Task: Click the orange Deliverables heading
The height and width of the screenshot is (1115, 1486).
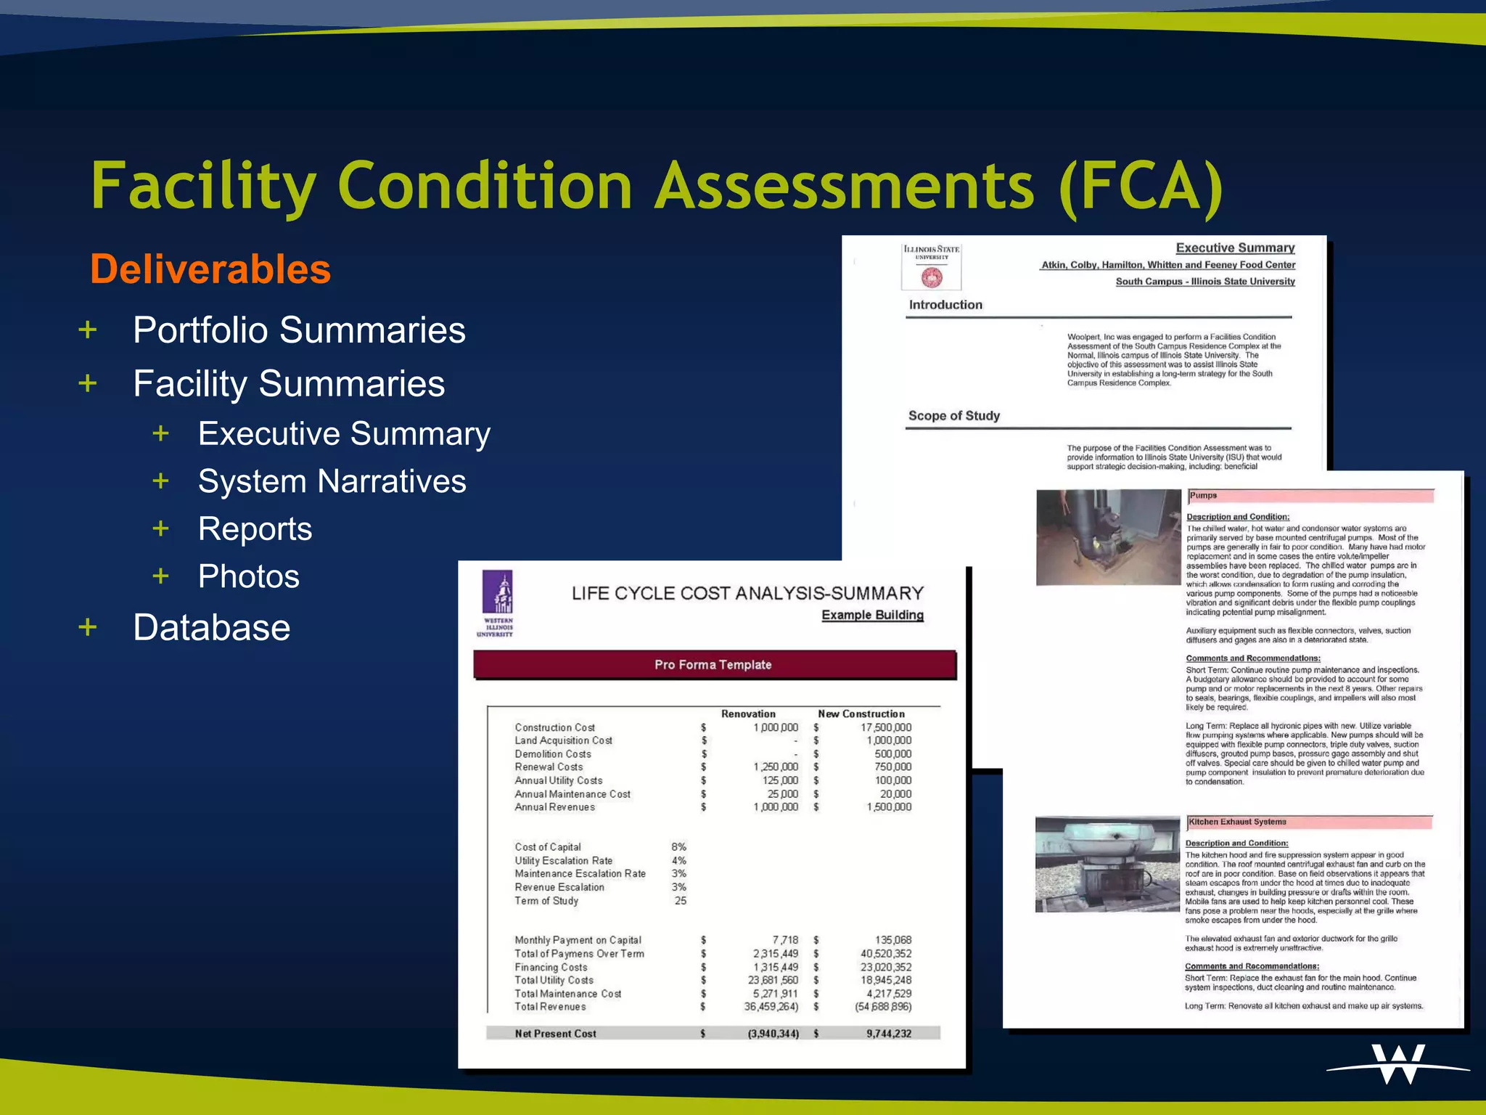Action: (x=210, y=269)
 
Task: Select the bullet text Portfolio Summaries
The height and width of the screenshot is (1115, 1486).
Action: (x=299, y=330)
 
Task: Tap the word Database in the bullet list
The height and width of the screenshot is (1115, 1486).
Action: (x=212, y=628)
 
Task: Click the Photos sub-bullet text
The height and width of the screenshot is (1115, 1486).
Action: (x=249, y=576)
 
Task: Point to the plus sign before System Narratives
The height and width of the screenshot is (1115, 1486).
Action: (x=160, y=481)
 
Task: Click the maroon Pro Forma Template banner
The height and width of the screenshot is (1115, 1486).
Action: (x=714, y=665)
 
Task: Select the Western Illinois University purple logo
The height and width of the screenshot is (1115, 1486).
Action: (x=497, y=603)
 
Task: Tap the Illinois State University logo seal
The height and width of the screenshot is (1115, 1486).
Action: (x=932, y=277)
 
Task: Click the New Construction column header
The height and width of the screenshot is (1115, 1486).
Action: (x=861, y=714)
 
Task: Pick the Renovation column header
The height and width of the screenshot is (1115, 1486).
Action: (x=748, y=714)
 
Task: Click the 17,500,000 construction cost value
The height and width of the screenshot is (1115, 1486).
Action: (x=886, y=727)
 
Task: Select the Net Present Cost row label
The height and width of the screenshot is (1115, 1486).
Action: (x=555, y=1034)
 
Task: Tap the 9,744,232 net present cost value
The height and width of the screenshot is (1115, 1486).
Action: (x=889, y=1034)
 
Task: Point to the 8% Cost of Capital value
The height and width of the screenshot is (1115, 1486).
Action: (x=678, y=847)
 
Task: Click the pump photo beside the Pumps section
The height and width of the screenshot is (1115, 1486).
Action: (x=1108, y=537)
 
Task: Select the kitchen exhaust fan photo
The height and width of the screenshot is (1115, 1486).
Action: (x=1107, y=864)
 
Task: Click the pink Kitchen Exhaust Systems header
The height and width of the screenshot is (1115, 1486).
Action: (x=1310, y=822)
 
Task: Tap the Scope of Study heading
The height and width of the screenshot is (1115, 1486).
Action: (x=954, y=416)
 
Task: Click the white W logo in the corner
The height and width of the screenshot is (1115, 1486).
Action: (x=1398, y=1064)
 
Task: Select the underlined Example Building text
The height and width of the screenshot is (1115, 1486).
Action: (x=872, y=616)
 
